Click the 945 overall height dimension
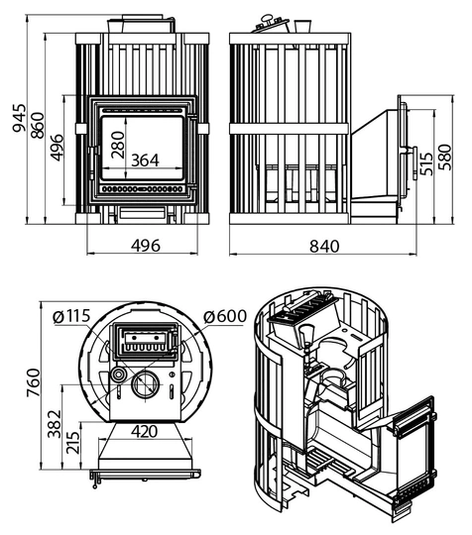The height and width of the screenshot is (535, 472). tap(19, 118)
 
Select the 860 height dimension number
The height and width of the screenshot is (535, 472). tap(38, 125)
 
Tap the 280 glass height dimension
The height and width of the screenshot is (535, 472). tap(118, 145)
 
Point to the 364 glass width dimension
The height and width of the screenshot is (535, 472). tap(145, 160)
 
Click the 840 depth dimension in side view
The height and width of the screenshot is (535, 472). tap(324, 246)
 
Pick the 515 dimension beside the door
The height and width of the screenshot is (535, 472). tap(426, 163)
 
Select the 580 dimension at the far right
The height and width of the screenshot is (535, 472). tap(444, 158)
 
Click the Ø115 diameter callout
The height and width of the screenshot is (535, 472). tap(71, 316)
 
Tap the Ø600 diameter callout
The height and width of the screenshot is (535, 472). tap(225, 316)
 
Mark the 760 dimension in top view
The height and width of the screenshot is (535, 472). tap(34, 382)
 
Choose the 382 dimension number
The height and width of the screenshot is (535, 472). tap(55, 424)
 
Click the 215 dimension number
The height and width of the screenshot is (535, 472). tap(72, 443)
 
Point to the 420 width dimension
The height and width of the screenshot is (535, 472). tap(145, 432)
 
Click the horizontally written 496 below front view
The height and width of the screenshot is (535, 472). tap(146, 246)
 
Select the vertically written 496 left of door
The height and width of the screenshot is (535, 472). tap(57, 148)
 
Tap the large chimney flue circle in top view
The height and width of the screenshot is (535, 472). tap(146, 384)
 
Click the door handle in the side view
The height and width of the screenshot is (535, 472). tap(414, 163)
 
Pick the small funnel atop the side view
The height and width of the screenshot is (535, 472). tap(302, 26)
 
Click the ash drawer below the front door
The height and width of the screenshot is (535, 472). tap(143, 213)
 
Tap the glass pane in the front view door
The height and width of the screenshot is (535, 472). tap(143, 148)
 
